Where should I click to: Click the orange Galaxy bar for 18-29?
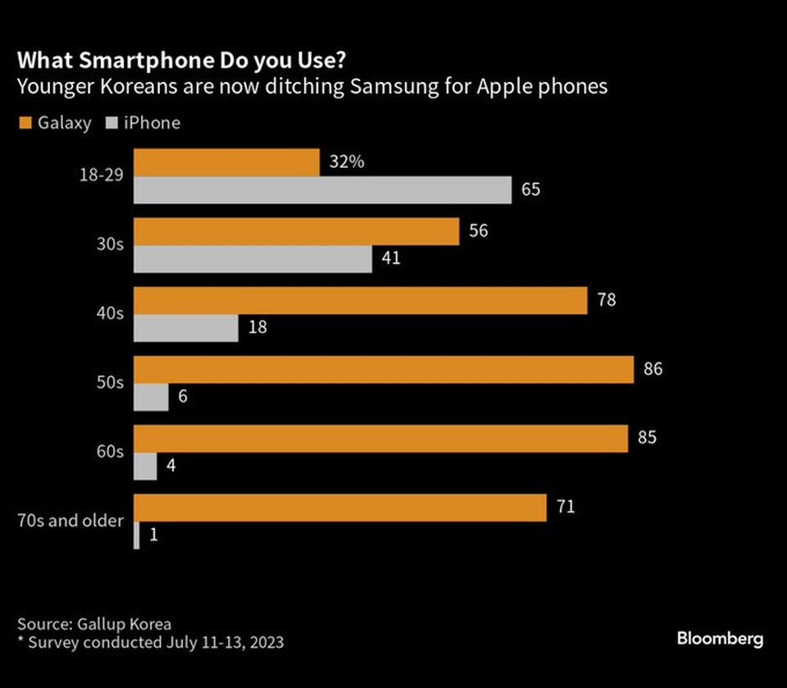tap(226, 162)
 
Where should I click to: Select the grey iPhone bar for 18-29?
tap(322, 191)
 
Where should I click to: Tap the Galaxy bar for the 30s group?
tap(296, 231)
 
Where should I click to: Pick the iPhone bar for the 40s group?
tap(186, 328)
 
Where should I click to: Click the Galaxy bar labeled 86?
tap(384, 369)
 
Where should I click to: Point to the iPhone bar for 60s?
tap(145, 466)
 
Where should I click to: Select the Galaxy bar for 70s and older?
tap(340, 507)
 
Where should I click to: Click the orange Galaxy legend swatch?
tap(25, 124)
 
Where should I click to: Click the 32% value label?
tap(346, 162)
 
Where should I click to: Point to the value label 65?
tap(531, 191)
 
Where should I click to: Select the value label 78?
tap(607, 300)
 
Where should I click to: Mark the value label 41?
tap(392, 260)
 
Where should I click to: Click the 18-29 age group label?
tap(102, 176)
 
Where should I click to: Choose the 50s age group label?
tap(112, 383)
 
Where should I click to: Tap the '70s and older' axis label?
tap(71, 521)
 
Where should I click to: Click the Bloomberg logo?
tap(720, 639)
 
